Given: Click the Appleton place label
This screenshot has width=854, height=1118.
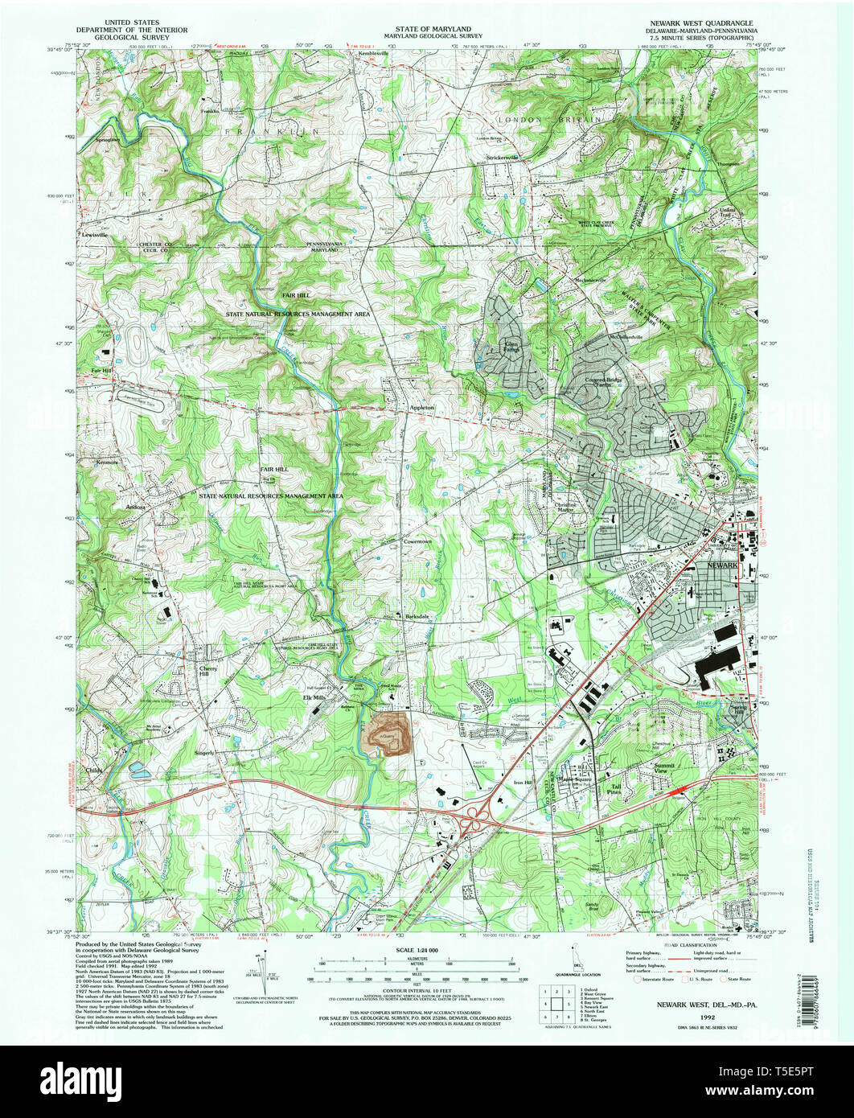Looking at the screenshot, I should (421, 408).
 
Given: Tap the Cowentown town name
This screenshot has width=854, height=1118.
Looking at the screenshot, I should (417, 542).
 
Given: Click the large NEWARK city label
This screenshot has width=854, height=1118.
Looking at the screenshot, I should (722, 565).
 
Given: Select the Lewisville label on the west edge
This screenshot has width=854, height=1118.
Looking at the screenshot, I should (94, 234).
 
